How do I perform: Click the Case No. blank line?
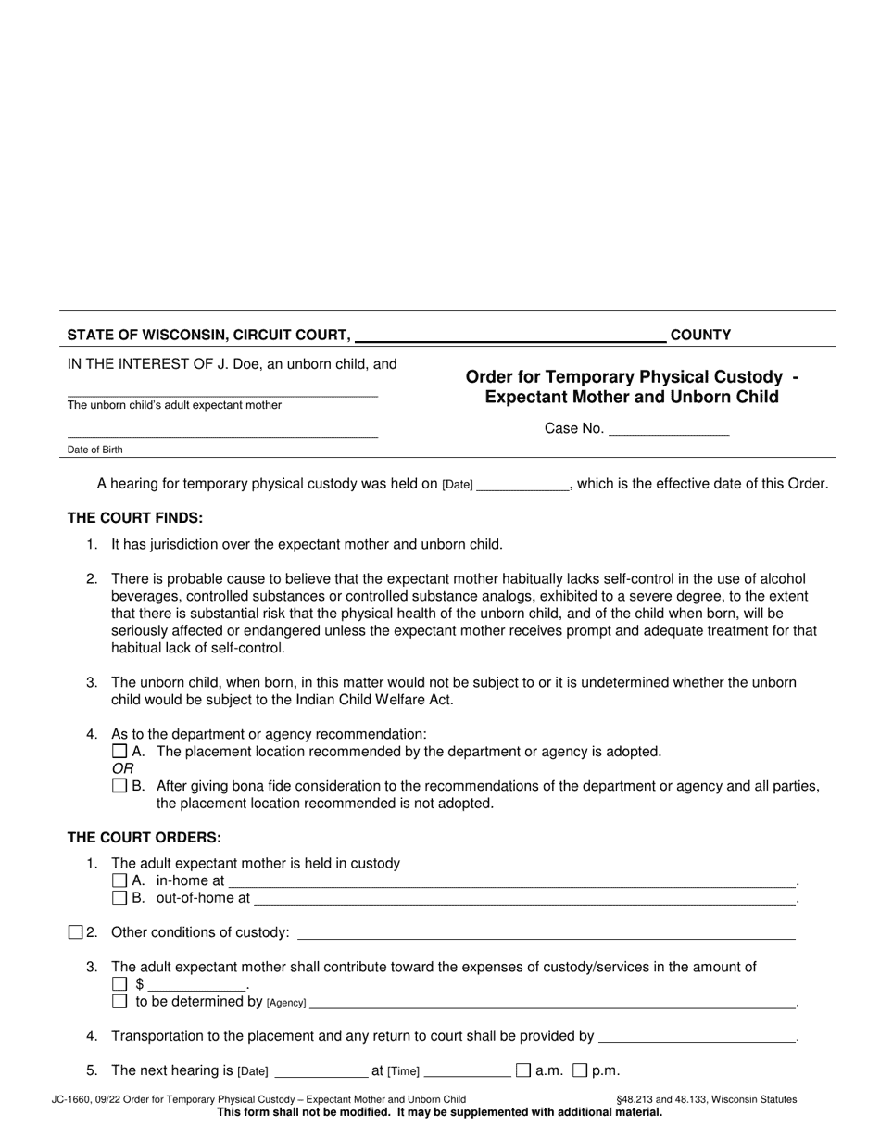(x=669, y=429)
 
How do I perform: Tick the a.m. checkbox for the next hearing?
(x=523, y=1070)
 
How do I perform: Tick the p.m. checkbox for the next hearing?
(x=580, y=1070)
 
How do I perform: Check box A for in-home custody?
(x=119, y=880)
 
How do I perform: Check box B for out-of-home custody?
(x=119, y=897)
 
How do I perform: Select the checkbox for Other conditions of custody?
(x=75, y=932)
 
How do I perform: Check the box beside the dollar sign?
(x=119, y=984)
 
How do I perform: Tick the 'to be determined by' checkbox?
(x=119, y=1001)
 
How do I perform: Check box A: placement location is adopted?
(x=119, y=752)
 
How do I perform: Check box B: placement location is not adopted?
(x=119, y=786)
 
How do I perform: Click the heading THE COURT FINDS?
(x=134, y=518)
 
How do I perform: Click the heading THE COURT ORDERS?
(x=144, y=838)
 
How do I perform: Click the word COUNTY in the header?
(x=700, y=336)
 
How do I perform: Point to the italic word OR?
(x=122, y=768)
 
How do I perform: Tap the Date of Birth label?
(x=94, y=450)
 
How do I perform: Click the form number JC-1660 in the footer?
(x=73, y=1099)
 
